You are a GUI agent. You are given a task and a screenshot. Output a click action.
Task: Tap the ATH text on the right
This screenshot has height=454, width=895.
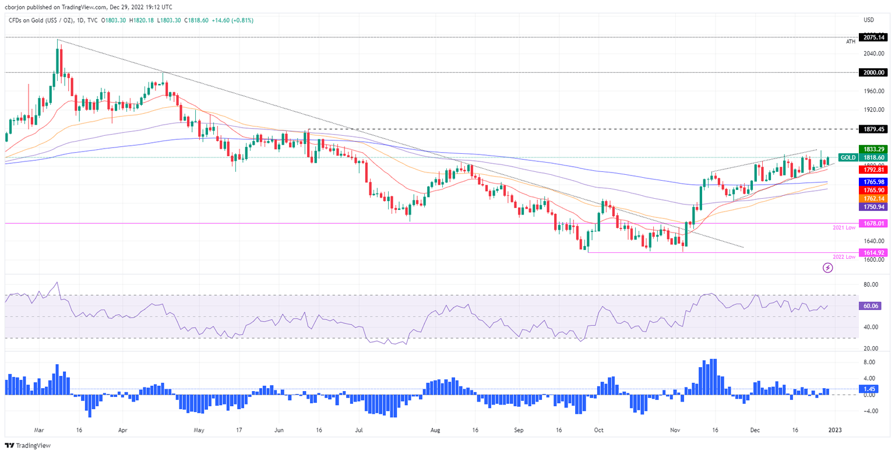(851, 42)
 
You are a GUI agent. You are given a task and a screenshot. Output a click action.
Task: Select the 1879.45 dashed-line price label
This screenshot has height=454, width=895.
(874, 129)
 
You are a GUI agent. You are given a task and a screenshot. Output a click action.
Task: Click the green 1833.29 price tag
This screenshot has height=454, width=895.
(874, 149)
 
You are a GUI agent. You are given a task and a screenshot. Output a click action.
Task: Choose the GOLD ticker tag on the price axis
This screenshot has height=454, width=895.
(848, 157)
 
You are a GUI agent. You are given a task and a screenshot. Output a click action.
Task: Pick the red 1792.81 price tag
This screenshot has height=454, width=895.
(874, 170)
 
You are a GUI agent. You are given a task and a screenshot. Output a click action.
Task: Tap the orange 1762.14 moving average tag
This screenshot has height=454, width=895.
(874, 198)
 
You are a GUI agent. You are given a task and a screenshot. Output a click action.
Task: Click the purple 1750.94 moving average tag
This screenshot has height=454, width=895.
(874, 207)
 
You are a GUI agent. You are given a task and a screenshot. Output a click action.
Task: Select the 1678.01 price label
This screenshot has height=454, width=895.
(874, 223)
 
